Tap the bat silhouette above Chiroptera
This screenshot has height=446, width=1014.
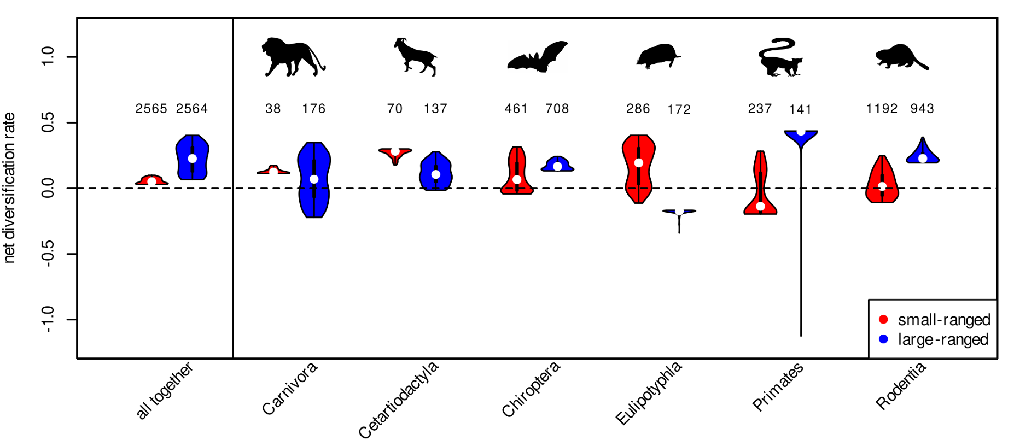click(x=538, y=57)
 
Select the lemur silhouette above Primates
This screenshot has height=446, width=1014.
click(x=779, y=58)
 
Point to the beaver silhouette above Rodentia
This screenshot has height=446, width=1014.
click(x=900, y=58)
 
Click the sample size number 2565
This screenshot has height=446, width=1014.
click(x=151, y=109)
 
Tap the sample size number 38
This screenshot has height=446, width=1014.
click(x=273, y=109)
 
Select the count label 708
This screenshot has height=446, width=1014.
click(x=557, y=109)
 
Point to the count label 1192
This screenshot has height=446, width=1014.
click(x=882, y=109)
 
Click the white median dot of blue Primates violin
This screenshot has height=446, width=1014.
click(x=801, y=132)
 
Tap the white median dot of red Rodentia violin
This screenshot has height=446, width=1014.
click(x=882, y=186)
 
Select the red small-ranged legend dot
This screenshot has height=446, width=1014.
click(x=883, y=319)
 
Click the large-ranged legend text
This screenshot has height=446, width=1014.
click(x=943, y=339)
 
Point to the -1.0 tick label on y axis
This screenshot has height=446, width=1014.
click(x=48, y=319)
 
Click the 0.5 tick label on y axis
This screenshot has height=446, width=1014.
click(x=48, y=122)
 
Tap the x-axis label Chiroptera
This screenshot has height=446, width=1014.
click(x=531, y=389)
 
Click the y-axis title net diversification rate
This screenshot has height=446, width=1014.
click(x=9, y=187)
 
